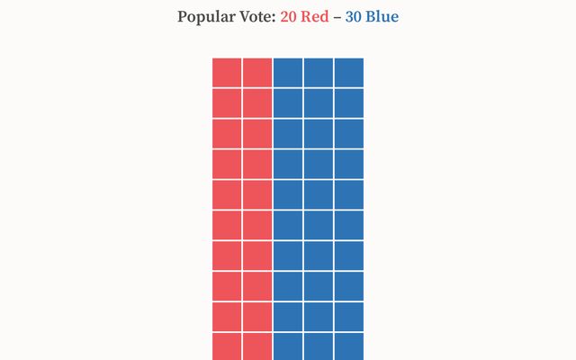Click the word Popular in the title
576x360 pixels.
(x=206, y=17)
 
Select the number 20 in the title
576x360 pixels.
(x=290, y=17)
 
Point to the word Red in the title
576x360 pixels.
(x=316, y=17)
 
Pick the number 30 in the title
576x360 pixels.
(x=354, y=17)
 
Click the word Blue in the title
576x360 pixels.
(x=382, y=17)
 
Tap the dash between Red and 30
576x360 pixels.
(x=337, y=17)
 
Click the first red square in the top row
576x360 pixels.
(x=227, y=72)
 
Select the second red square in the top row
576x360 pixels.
(x=257, y=72)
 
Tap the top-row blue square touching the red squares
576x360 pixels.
(x=288, y=72)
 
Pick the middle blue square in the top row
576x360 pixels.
(x=319, y=72)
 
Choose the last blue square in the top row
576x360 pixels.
(x=349, y=72)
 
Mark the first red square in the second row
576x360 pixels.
(x=227, y=103)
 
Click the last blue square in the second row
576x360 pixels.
(x=349, y=103)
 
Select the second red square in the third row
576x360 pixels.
(x=257, y=133)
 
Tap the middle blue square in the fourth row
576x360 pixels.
(x=319, y=164)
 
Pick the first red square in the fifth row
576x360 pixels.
(x=227, y=194)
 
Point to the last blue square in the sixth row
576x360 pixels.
(x=349, y=225)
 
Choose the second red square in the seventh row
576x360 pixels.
(x=257, y=256)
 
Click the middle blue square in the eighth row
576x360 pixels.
(x=319, y=286)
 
